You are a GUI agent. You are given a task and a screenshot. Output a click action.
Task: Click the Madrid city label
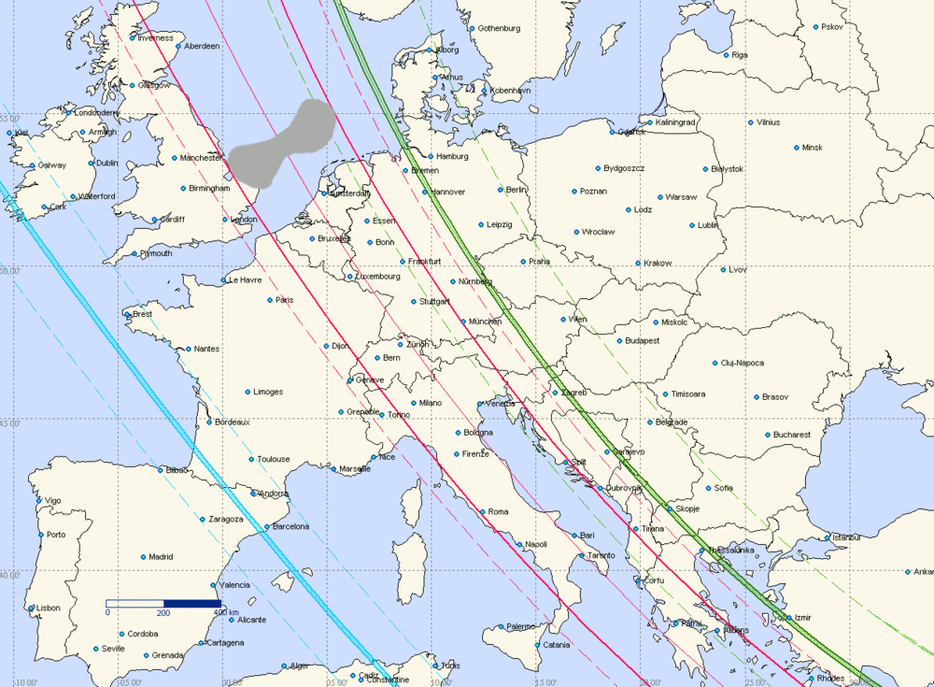[x=162, y=557]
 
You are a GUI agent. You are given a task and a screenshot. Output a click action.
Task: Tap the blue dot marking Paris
[x=270, y=300]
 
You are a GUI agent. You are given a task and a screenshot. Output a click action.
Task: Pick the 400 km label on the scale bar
[x=225, y=612]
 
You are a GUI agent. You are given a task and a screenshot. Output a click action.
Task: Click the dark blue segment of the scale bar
[x=192, y=603]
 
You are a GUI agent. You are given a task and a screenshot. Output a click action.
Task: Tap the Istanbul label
[x=847, y=537]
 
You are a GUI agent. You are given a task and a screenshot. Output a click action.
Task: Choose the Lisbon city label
[x=48, y=608]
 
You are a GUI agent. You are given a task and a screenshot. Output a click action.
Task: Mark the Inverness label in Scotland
[x=155, y=38]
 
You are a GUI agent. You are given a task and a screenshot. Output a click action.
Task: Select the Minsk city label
[x=813, y=148]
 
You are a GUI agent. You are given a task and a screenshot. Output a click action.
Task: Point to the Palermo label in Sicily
[x=521, y=626]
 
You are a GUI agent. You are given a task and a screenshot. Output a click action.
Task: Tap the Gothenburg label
[x=499, y=28]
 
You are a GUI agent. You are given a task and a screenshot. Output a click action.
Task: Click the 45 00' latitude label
[x=13, y=422]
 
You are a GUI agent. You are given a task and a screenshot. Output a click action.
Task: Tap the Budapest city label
[x=644, y=340]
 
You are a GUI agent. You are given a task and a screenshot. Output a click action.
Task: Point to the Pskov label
[x=832, y=26]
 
